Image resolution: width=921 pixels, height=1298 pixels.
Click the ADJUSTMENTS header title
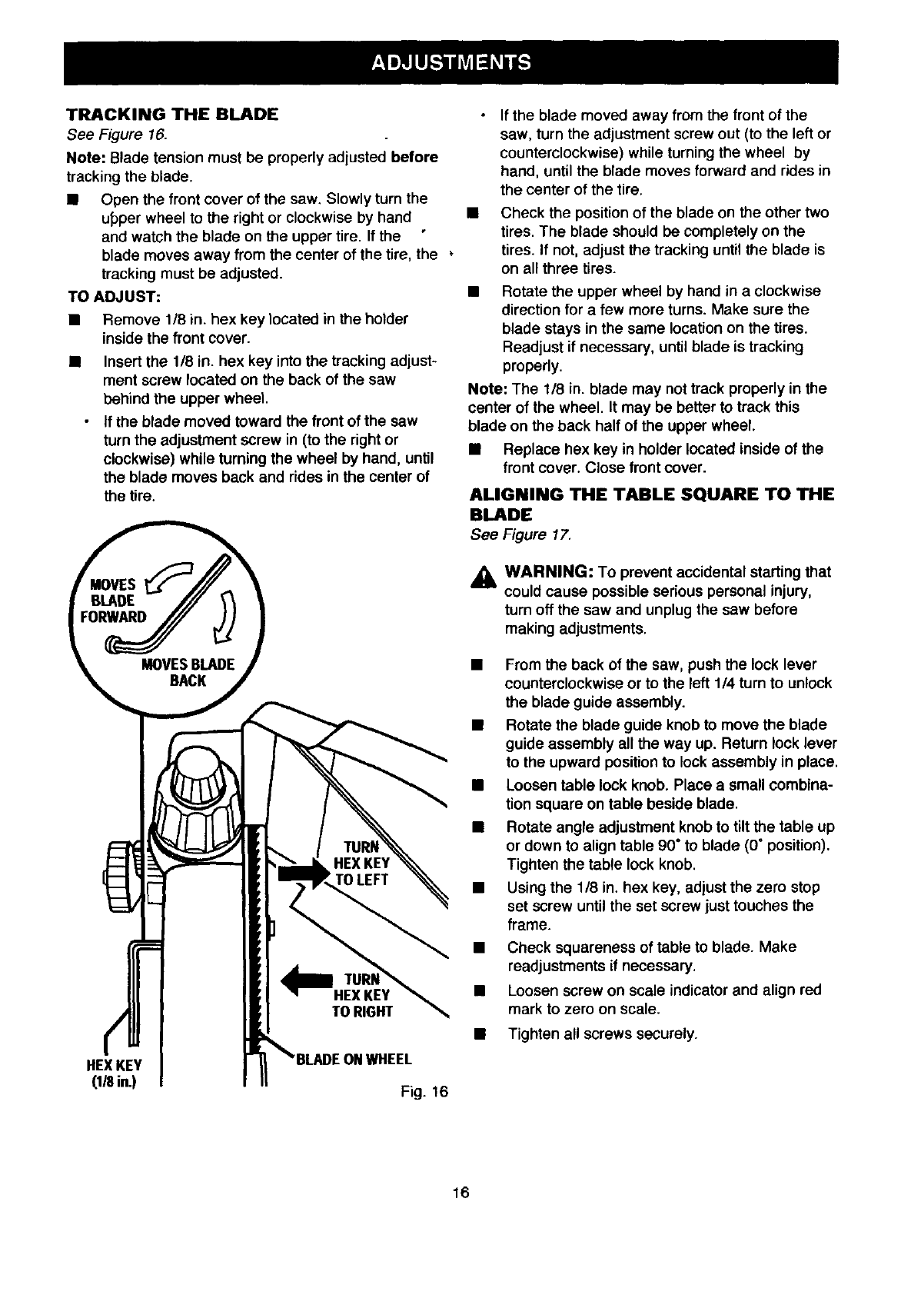(451, 62)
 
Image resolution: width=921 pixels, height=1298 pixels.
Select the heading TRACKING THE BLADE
(171, 115)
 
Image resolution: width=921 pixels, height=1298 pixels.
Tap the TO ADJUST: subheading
(113, 296)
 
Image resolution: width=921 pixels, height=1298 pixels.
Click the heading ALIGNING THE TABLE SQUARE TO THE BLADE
(650, 503)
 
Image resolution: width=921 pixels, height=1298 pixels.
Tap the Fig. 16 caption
(424, 1092)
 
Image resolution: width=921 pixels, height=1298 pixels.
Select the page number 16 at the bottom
(460, 1193)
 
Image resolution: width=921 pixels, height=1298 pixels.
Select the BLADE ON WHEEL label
(354, 1059)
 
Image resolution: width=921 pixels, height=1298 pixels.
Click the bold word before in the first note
(414, 158)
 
